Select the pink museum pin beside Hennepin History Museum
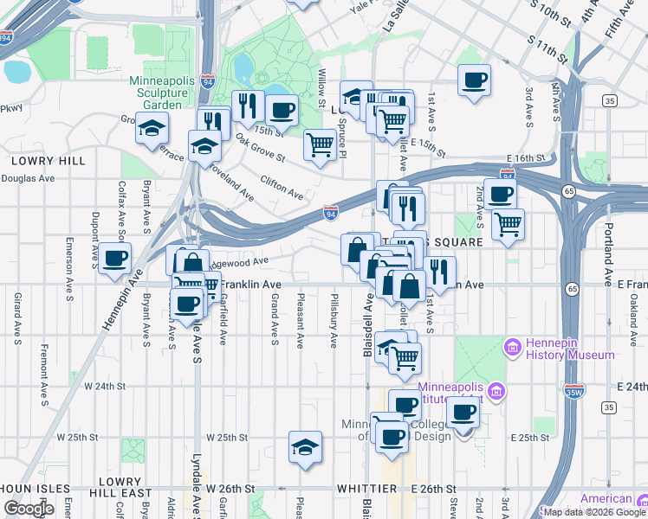click(513, 348)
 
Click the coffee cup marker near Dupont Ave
click(114, 258)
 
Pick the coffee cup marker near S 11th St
click(474, 80)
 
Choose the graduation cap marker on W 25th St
click(305, 447)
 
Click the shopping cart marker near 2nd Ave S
click(508, 225)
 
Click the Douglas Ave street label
click(28, 178)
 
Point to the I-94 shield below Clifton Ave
click(330, 210)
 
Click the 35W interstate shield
click(574, 391)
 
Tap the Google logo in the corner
click(29, 509)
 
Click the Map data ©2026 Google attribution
click(594, 512)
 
